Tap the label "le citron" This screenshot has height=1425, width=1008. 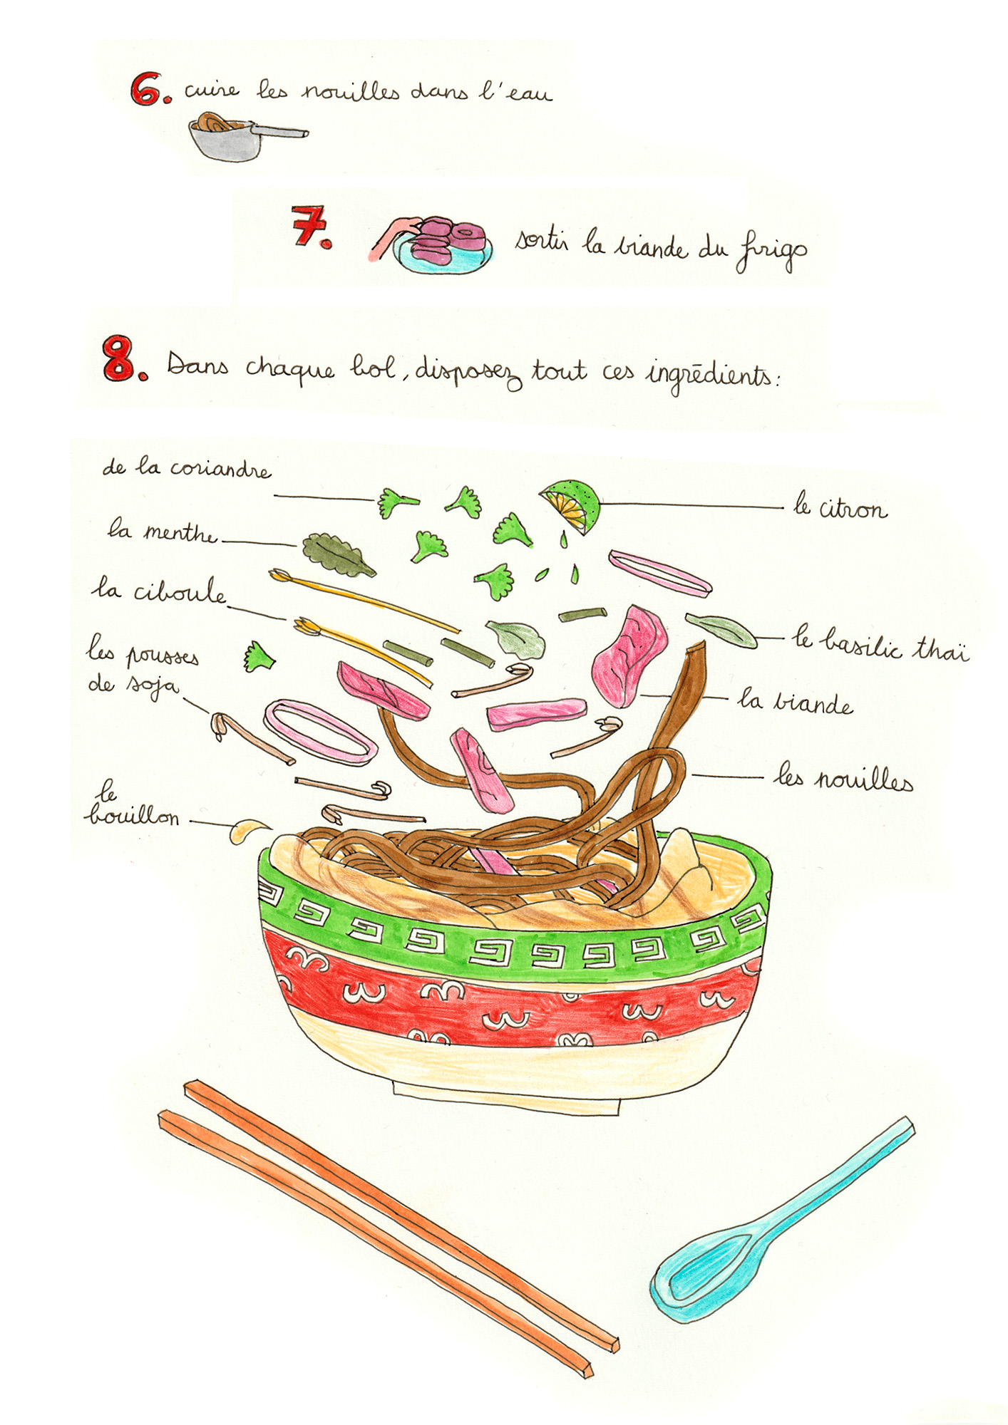tap(841, 509)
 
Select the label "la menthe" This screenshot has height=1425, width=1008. tap(162, 532)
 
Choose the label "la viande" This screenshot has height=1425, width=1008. tap(795, 703)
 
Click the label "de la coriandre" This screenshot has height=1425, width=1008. tap(187, 469)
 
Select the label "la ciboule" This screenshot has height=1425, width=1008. tap(158, 591)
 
